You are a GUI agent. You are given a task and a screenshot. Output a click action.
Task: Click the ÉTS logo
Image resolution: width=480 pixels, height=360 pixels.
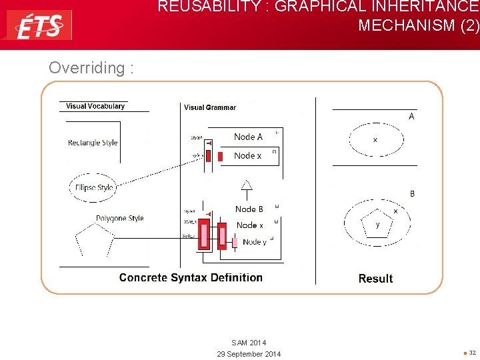pyautogui.click(x=39, y=25)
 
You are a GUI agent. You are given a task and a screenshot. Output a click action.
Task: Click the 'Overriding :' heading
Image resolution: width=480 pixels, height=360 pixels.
pyautogui.click(x=91, y=68)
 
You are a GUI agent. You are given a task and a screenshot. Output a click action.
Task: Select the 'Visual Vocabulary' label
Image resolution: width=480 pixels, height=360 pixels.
pyautogui.click(x=95, y=106)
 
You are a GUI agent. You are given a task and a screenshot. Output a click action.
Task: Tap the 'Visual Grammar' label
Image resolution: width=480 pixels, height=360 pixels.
pyautogui.click(x=210, y=107)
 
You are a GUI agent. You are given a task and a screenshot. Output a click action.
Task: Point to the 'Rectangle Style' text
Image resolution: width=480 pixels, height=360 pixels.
pyautogui.click(x=93, y=143)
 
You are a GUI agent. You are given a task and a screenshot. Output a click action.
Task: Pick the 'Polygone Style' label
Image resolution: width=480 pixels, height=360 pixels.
pyautogui.click(x=119, y=218)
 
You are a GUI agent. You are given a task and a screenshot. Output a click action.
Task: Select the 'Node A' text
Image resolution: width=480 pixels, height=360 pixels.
pyautogui.click(x=248, y=137)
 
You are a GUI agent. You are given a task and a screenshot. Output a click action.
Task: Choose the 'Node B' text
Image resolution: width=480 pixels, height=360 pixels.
pyautogui.click(x=249, y=209)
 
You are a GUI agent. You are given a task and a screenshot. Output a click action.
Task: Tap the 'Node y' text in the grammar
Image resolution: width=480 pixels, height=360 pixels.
pyautogui.click(x=254, y=242)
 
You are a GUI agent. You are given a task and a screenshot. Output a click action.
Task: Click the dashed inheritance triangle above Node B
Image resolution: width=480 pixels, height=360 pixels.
pyautogui.click(x=247, y=185)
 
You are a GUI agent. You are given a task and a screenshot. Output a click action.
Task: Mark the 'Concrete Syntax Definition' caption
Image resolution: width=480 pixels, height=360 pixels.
pyautogui.click(x=191, y=277)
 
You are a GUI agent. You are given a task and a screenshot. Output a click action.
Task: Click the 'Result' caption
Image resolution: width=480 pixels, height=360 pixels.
pyautogui.click(x=375, y=279)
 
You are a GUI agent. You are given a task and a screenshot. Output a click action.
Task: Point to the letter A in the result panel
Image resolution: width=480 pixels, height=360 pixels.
pyautogui.click(x=411, y=117)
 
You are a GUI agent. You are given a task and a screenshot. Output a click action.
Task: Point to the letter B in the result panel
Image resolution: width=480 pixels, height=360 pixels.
pyautogui.click(x=412, y=194)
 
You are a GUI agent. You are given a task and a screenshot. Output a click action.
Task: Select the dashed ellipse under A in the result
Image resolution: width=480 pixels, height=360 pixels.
pyautogui.click(x=376, y=140)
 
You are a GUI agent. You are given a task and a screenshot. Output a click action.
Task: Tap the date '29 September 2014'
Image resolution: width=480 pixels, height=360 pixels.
pyautogui.click(x=249, y=353)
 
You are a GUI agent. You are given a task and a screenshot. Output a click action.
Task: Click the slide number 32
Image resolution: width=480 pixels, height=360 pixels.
pyautogui.click(x=472, y=352)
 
